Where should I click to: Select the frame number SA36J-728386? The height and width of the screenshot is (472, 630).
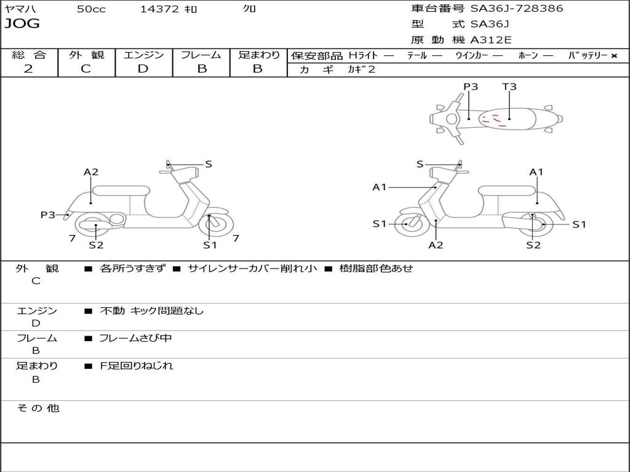(x=516, y=9)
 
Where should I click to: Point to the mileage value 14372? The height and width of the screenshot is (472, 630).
(x=159, y=9)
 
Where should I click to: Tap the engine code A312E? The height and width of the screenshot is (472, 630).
(x=490, y=41)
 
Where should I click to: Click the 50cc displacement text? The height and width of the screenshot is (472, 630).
(x=91, y=9)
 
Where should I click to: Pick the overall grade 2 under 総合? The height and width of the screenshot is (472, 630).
(x=28, y=69)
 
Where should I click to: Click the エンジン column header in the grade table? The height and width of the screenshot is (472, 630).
(x=143, y=55)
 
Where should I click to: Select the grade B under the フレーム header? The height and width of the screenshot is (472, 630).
(x=201, y=69)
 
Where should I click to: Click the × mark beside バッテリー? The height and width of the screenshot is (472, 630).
(x=613, y=55)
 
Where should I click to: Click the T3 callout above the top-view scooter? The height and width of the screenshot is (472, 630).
(x=509, y=87)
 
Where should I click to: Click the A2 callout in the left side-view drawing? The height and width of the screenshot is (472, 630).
(x=91, y=172)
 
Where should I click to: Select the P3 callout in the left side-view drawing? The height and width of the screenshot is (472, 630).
(x=48, y=214)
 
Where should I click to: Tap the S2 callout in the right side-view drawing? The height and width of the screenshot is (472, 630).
(x=533, y=245)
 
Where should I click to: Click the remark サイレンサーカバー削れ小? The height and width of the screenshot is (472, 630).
(x=252, y=269)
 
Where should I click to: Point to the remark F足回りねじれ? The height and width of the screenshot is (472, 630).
(x=137, y=366)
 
